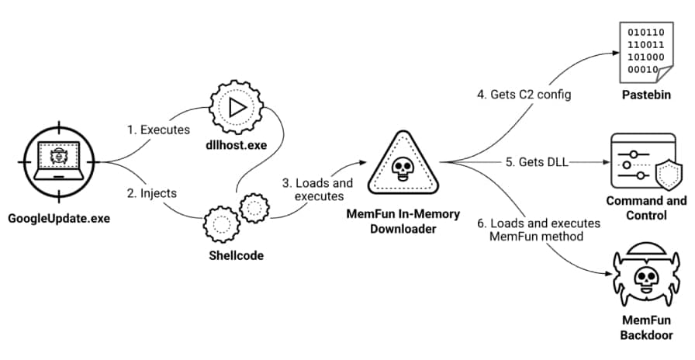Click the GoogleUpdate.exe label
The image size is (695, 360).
pos(59,218)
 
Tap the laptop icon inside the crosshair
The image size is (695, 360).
pos(59,158)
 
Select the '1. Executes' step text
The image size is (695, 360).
pos(158,130)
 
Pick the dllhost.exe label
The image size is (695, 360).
pos(237,145)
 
